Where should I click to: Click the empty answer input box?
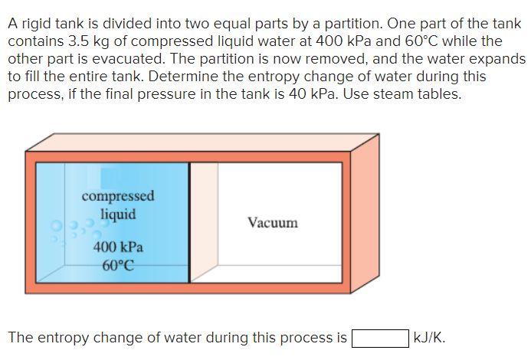pyautogui.click(x=380, y=338)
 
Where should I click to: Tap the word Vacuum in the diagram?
pyautogui.click(x=272, y=223)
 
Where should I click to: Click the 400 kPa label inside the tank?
pyautogui.click(x=118, y=247)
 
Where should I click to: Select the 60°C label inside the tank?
pyautogui.click(x=118, y=266)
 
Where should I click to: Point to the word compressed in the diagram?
pyautogui.click(x=118, y=196)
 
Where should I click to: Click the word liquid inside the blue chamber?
pyautogui.click(x=118, y=214)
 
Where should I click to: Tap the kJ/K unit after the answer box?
pyautogui.click(x=428, y=338)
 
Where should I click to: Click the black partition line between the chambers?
pyautogui.click(x=189, y=222)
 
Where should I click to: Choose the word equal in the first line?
pyautogui.click(x=227, y=23)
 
